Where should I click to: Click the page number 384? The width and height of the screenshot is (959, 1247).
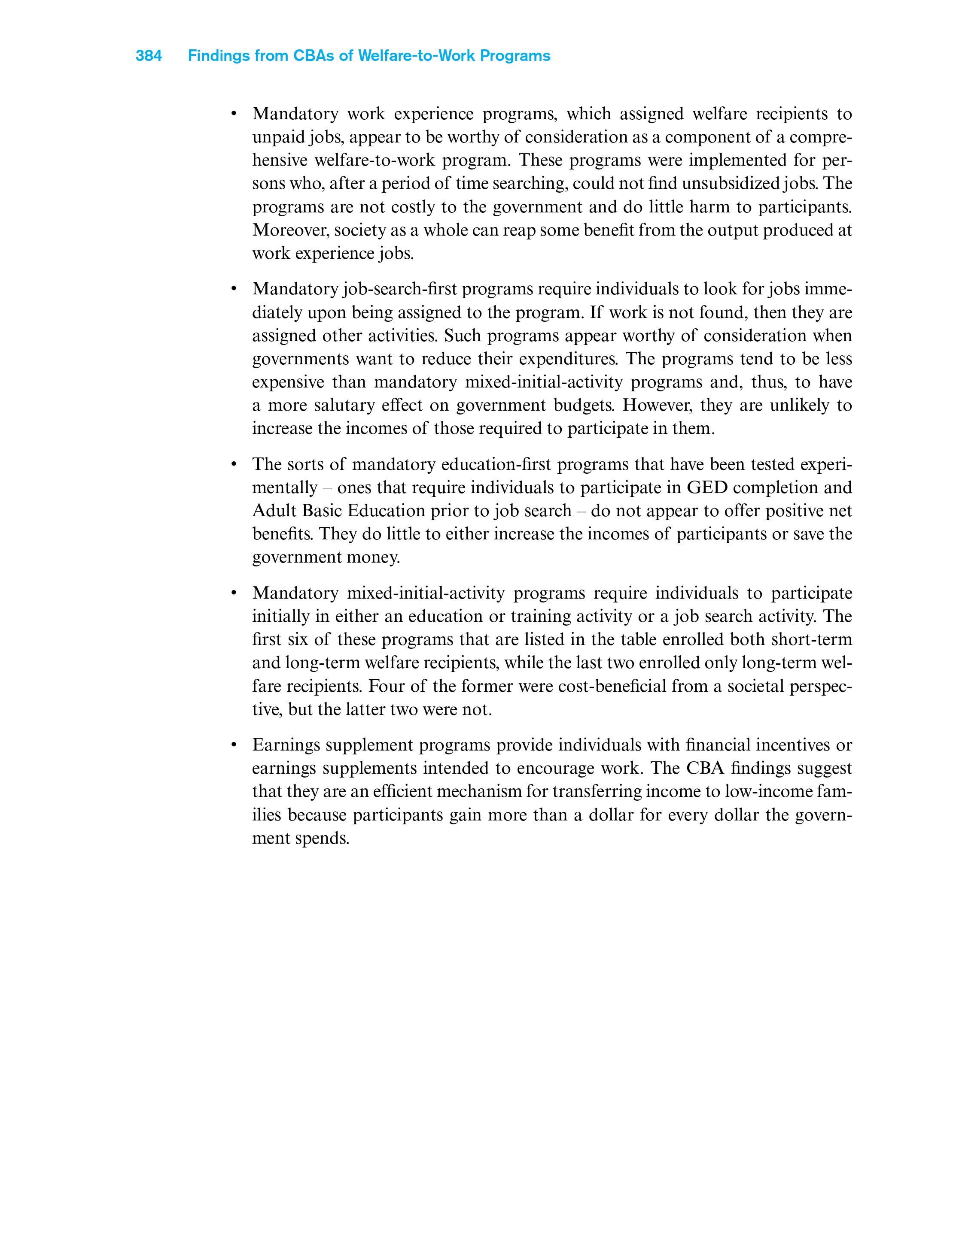[x=149, y=56]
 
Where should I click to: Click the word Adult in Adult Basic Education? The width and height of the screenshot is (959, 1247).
[x=272, y=511]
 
